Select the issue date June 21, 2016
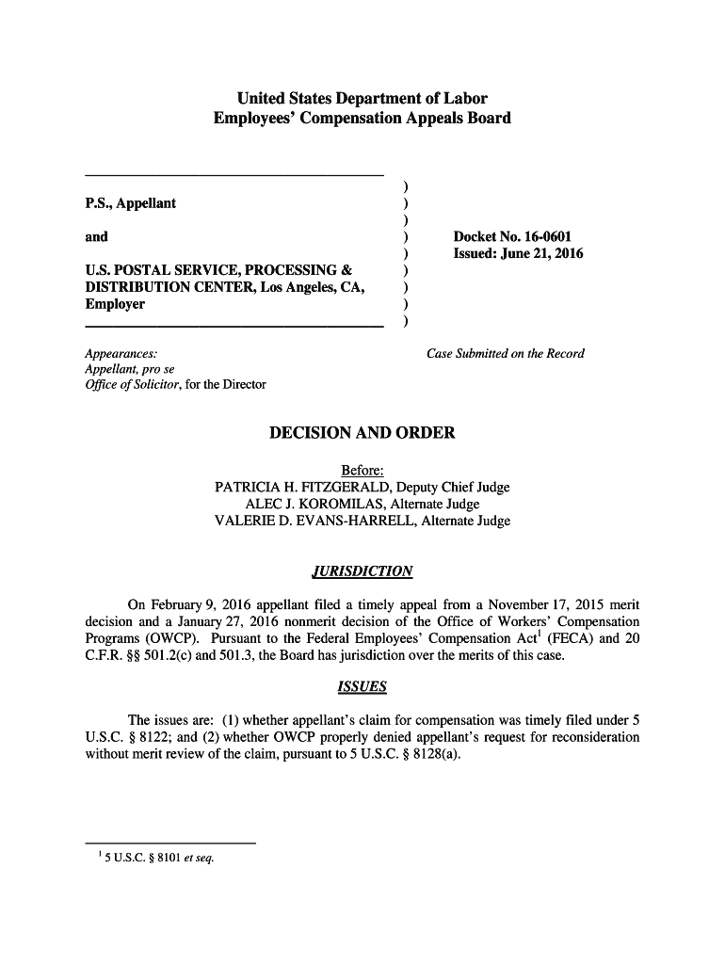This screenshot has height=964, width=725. [x=542, y=254]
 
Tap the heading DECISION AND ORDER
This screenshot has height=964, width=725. [x=362, y=433]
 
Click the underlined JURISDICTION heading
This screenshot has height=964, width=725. [x=362, y=571]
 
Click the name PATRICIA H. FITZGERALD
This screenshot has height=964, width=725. [x=303, y=487]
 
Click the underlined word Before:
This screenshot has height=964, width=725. [x=362, y=470]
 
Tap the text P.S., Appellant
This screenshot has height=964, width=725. [x=130, y=203]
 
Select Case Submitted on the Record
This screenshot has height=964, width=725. [x=506, y=354]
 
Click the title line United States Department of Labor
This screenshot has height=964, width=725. [x=362, y=99]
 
